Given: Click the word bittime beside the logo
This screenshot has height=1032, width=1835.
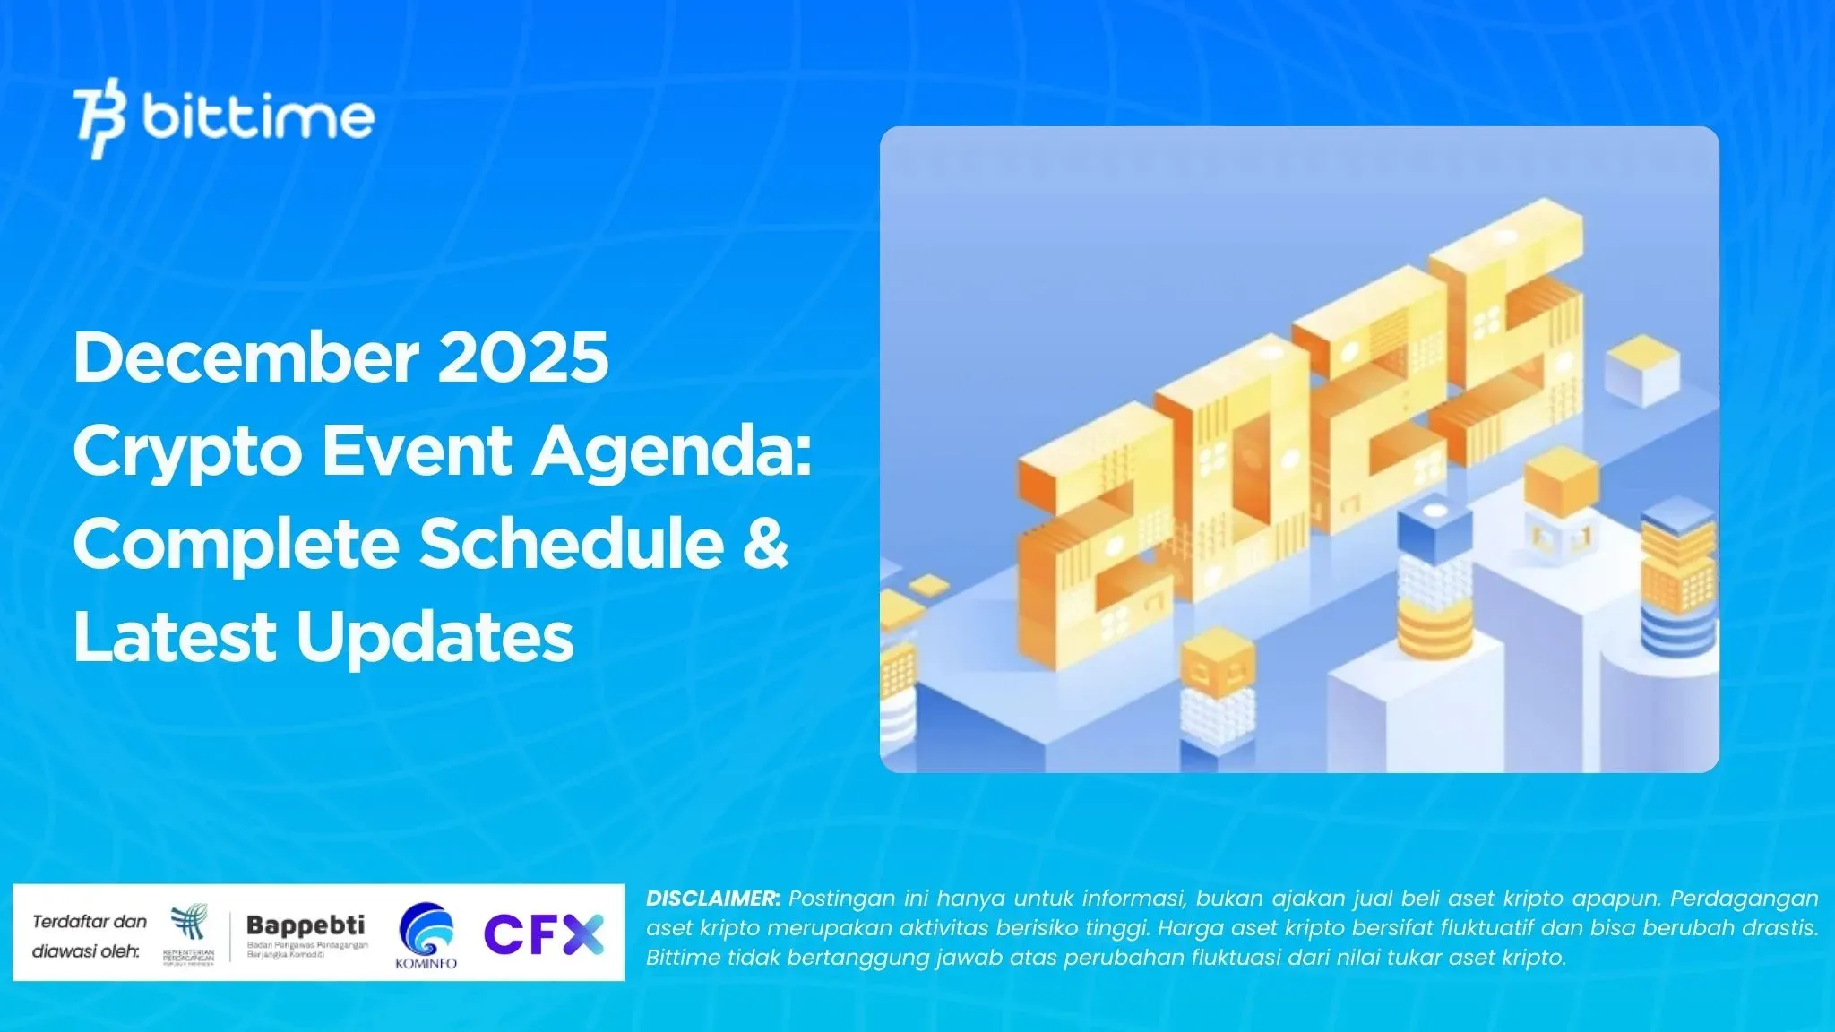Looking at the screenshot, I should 258,117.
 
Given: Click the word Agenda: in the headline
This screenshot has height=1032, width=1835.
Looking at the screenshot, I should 672,452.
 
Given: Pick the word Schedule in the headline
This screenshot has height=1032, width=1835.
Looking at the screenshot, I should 572,544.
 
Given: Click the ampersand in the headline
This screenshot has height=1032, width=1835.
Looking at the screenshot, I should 765,544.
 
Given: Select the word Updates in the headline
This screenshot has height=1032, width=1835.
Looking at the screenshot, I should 435,637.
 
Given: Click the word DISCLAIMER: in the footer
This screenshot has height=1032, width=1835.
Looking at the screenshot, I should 713,899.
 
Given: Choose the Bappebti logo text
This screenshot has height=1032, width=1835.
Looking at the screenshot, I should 306,925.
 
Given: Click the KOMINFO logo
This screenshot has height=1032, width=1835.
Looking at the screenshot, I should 426,935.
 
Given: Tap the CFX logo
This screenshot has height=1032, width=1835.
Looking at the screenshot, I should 544,934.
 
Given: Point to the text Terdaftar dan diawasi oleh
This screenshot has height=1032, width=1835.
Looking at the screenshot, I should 89,936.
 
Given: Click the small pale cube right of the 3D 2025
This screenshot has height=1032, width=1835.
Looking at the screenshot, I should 1641,370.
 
